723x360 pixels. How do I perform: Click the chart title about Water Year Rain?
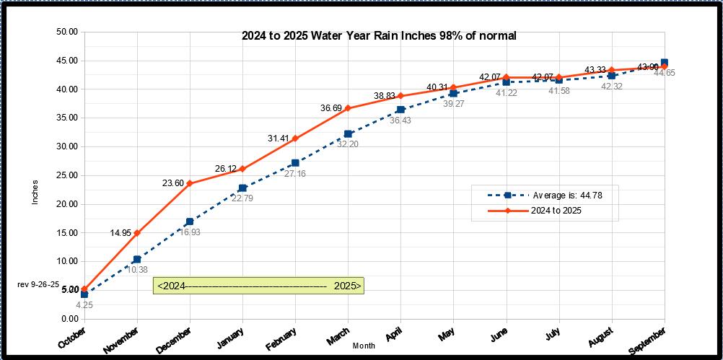pos(378,36)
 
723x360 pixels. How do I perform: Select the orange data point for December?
pos(190,183)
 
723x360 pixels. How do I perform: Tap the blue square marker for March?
pos(348,133)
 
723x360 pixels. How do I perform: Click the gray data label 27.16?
pos(295,174)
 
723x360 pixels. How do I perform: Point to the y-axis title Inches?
pos(35,191)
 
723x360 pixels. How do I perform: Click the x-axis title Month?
pos(364,346)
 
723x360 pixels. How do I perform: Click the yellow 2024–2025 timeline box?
pos(258,286)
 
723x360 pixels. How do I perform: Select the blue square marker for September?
pos(664,63)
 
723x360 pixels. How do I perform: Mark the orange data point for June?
pos(506,77)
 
